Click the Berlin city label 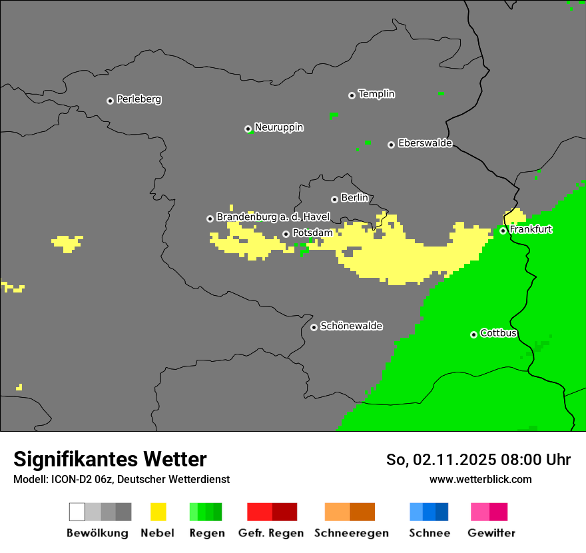354,198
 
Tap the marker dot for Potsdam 286,234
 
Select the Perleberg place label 139,99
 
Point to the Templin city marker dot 352,95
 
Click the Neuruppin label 278,127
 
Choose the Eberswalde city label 425,143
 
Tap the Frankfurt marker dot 503,231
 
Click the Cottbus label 498,333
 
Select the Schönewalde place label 351,326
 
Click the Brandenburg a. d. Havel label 273,217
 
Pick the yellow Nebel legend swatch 158,512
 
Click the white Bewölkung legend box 77,512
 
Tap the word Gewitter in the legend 491,533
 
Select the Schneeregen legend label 352,533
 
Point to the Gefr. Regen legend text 271,533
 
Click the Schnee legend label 430,533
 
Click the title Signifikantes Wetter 110,459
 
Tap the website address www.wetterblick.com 480,479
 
